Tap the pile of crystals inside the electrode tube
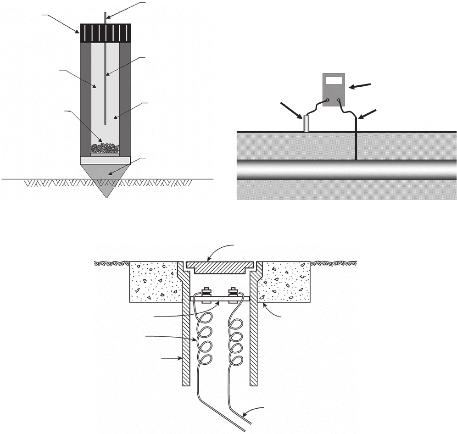click(x=105, y=148)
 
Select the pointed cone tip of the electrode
click(x=106, y=179)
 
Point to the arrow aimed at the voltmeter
click(x=361, y=85)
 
